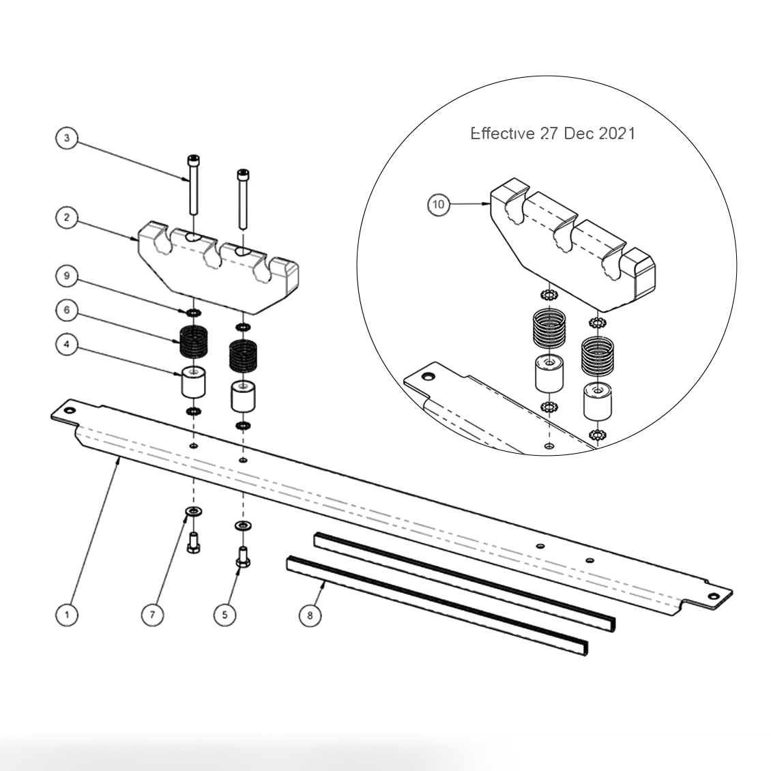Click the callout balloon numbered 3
66,139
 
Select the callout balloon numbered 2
66,218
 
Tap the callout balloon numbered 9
66,276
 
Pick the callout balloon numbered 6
66,310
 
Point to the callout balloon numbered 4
66,345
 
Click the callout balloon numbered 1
66,615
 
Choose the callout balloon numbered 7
152,615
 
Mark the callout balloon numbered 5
224,615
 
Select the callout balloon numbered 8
310,615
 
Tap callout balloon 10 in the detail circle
439,204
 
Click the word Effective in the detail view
502,134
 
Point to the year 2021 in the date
617,134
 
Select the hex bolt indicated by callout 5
242,556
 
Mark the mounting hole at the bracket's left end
69,411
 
